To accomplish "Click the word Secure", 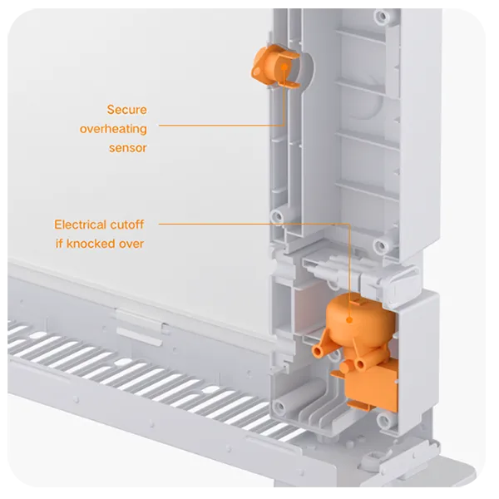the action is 126,110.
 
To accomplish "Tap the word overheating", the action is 113,129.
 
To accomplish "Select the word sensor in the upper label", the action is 127,148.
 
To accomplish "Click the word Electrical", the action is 80,225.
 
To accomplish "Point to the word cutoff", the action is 126,225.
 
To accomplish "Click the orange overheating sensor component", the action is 274,67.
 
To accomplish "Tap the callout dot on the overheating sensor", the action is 284,67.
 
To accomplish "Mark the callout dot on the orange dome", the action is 349,320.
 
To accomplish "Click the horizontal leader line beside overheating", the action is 221,126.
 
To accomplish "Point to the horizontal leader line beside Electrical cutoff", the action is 254,224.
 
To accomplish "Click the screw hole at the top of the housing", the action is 382,15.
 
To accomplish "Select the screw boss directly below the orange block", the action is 383,420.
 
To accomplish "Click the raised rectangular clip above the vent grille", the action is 140,327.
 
